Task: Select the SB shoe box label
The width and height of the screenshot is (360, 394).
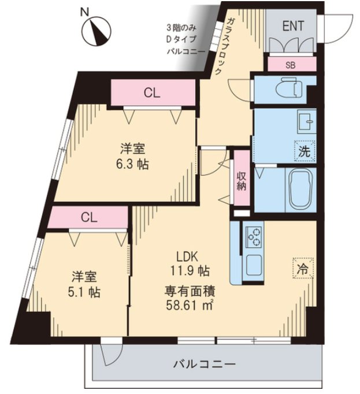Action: pyautogui.click(x=290, y=65)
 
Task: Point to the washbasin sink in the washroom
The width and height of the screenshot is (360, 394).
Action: pyautogui.click(x=305, y=122)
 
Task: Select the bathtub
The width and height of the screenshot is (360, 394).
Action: pyautogui.click(x=299, y=190)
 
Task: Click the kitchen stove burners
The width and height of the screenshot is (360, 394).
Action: pyautogui.click(x=254, y=236)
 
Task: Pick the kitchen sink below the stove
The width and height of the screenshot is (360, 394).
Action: pyautogui.click(x=254, y=266)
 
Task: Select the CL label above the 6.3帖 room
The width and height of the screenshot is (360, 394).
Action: pyautogui.click(x=153, y=92)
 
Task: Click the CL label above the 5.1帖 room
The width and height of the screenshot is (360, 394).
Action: pyautogui.click(x=88, y=217)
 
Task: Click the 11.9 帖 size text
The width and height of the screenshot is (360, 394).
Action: pyautogui.click(x=190, y=270)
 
